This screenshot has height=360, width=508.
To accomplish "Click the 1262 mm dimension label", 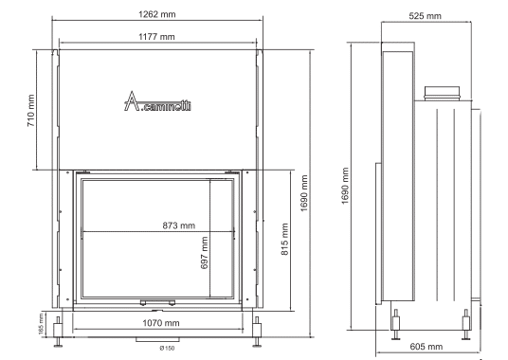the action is tap(157, 14).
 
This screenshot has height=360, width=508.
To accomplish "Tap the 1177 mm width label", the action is tap(156, 37).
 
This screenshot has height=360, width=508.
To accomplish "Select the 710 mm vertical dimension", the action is tap(30, 111).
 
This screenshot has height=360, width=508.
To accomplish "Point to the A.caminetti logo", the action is tap(157, 101).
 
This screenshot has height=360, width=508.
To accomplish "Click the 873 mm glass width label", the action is tap(179, 225).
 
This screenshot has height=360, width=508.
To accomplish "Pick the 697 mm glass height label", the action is tap(205, 253).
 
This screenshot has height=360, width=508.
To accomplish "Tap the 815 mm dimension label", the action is tap(284, 240).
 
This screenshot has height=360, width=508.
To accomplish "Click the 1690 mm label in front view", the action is tap(304, 193).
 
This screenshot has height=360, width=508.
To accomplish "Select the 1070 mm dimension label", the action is tap(161, 323).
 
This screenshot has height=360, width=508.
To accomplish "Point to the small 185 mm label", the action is tap(41, 324).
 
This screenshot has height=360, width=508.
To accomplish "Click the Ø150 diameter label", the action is tap(167, 349).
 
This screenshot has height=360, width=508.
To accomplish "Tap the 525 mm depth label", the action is tap(425, 16).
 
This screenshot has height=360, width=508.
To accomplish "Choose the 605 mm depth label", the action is tap(426, 347).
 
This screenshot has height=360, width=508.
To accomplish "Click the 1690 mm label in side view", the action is tap(345, 186).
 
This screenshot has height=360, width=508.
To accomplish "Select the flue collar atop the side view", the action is tap(442, 93).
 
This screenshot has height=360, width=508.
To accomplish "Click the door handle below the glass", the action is tap(157, 303).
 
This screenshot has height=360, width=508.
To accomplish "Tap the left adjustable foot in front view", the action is tap(59, 332).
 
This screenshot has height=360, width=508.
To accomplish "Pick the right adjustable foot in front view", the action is tap(257, 332).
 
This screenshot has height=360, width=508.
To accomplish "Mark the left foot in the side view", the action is tap(395, 324).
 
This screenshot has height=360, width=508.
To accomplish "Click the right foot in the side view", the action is tap(466, 324).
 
